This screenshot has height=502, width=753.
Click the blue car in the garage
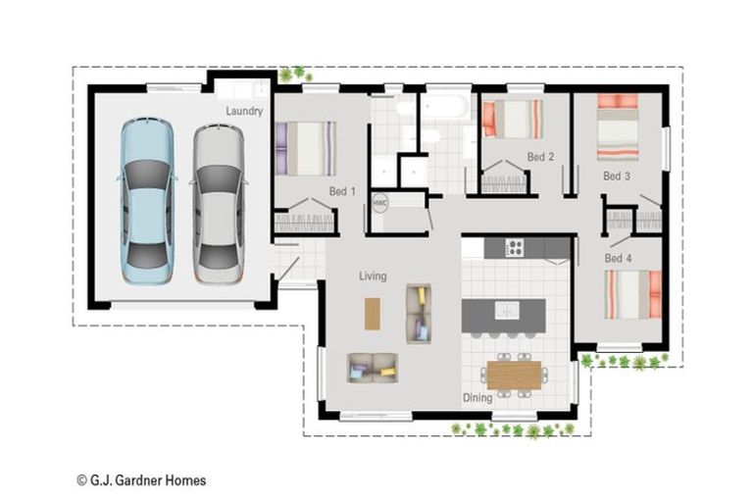147,201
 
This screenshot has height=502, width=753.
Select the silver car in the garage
219,204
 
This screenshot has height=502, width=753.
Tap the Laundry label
244,111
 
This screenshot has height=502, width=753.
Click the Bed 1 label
342,191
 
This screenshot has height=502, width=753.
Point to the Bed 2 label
540,157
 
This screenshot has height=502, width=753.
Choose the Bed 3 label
617,176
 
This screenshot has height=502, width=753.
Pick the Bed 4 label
618,259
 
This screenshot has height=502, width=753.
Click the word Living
373,276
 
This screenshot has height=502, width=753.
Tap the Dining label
477,398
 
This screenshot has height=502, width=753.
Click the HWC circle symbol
379,203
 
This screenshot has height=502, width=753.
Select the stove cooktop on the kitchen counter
515,248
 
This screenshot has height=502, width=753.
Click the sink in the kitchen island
507,311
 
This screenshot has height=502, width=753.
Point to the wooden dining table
515,376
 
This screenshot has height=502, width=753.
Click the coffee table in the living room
373,314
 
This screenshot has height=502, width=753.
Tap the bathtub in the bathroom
444,106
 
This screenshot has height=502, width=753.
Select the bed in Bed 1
306,148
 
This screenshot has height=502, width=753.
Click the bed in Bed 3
618,127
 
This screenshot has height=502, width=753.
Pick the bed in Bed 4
633,294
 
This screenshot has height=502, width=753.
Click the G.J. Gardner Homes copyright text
141,480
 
